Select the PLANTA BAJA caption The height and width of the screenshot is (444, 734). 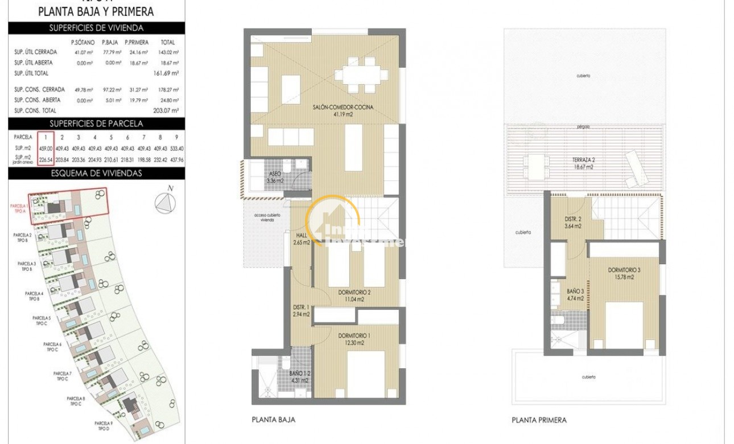coord(273,420)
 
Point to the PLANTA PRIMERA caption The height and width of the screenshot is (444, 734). coord(538,420)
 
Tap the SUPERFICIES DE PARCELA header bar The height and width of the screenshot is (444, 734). coord(96,124)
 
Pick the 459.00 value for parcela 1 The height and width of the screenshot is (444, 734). coord(45,147)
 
